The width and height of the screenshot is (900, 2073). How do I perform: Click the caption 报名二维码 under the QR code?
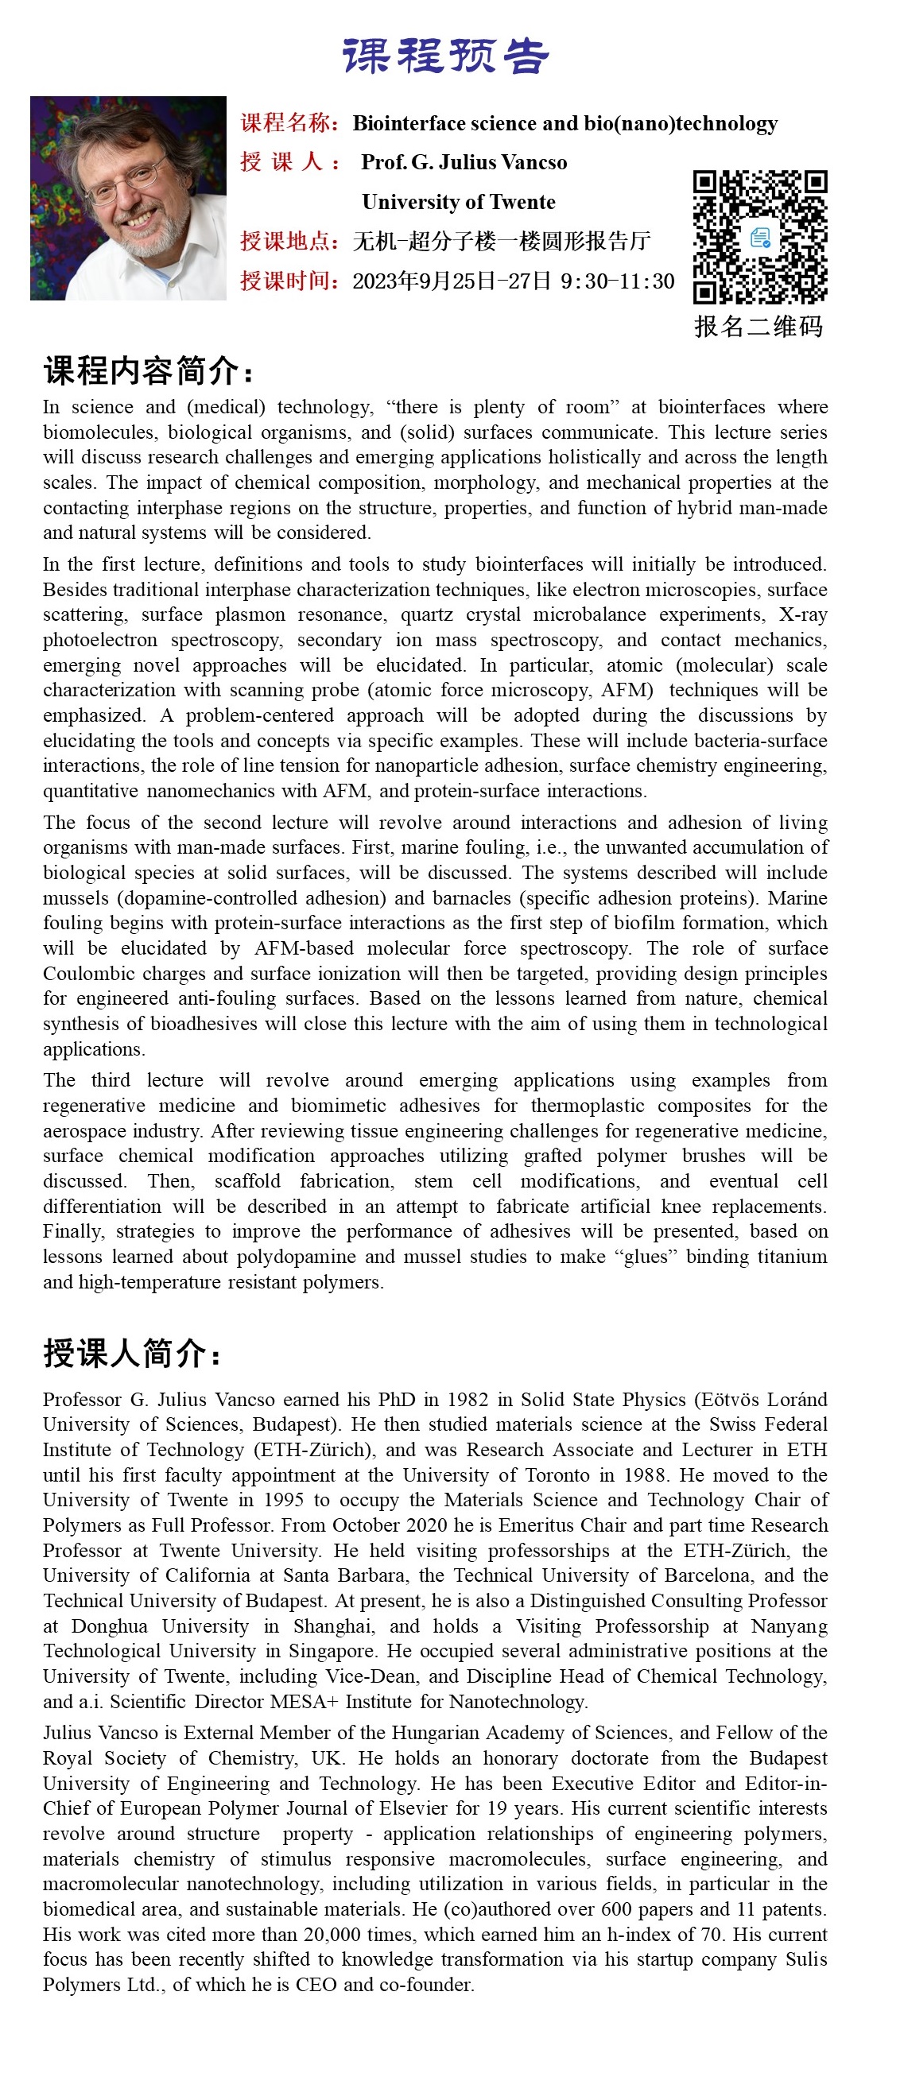[758, 326]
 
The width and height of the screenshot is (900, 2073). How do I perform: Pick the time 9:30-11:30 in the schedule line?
[618, 281]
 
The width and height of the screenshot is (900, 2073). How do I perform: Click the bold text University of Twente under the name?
[458, 201]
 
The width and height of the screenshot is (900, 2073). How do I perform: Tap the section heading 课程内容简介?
[149, 371]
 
